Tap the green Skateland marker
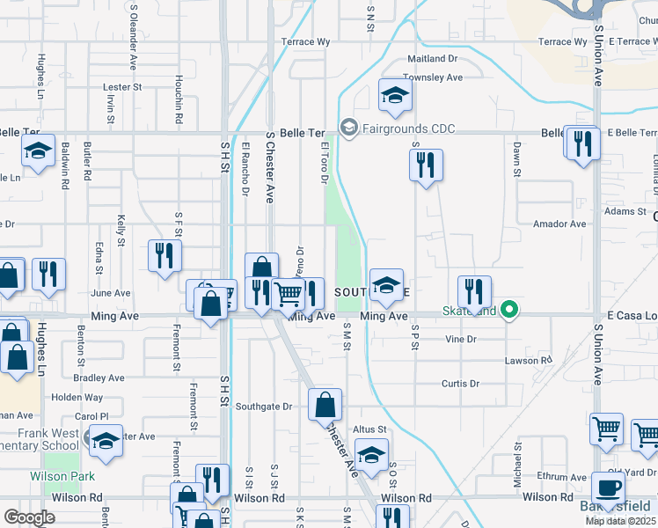[x=508, y=311]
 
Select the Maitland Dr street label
[x=433, y=59]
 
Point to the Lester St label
[x=122, y=87]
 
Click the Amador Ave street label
[x=559, y=224]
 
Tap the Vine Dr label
[x=460, y=339]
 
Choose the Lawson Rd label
[x=528, y=361]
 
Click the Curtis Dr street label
[x=460, y=384]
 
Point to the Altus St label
[x=369, y=429]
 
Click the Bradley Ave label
[x=99, y=378]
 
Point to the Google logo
[x=30, y=517]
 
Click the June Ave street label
[x=110, y=293]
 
